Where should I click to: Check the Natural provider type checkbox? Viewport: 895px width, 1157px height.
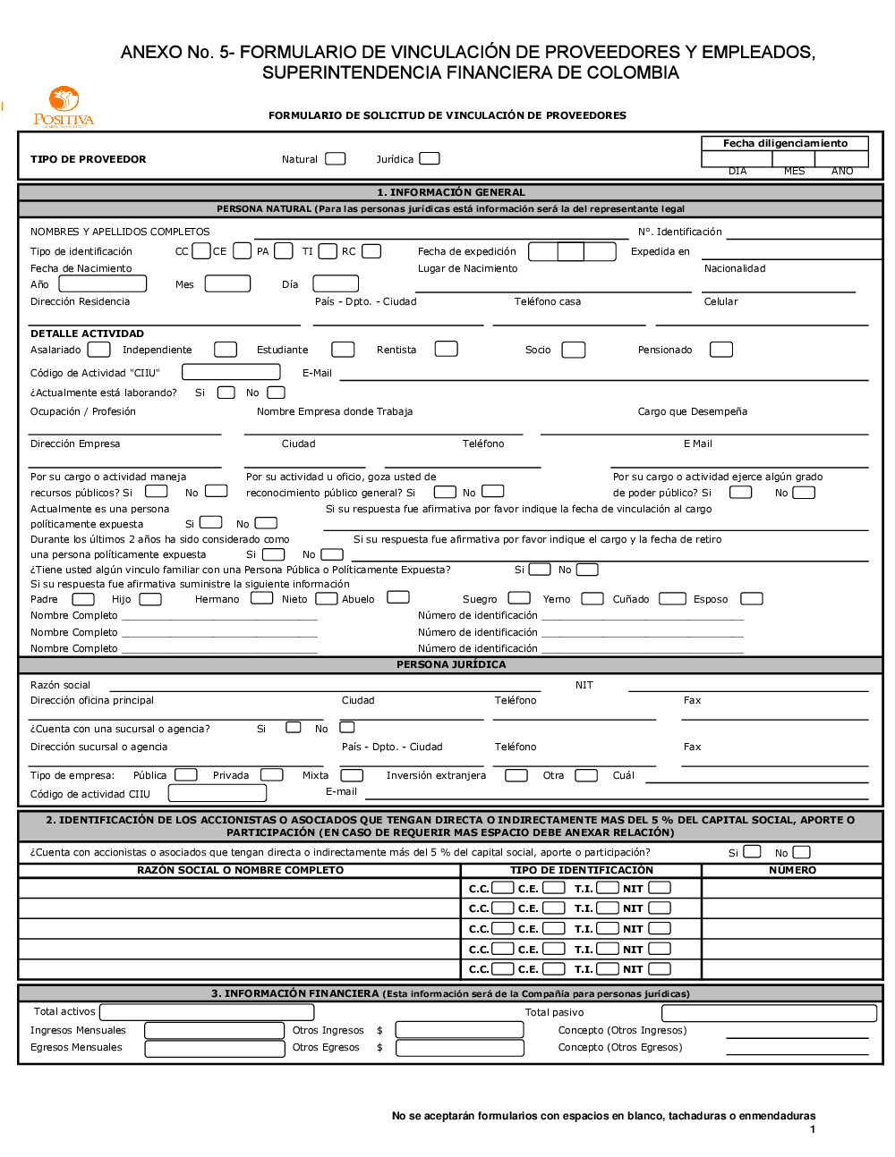336,158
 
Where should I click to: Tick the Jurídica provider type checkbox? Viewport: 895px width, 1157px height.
430,158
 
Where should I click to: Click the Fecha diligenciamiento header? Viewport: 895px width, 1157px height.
785,143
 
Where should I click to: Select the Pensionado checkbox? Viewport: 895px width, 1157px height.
721,349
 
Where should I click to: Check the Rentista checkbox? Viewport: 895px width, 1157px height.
446,349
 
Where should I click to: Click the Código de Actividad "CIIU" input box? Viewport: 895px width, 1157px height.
232,372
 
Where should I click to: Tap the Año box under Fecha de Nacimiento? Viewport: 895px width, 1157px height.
89,283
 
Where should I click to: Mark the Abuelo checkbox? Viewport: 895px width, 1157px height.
398,597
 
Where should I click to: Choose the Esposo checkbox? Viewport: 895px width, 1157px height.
752,598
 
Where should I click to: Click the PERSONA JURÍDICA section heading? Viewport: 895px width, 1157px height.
451,664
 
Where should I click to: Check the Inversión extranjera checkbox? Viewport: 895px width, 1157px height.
516,775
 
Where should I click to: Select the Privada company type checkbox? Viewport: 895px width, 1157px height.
271,775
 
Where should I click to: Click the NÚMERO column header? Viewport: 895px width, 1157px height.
792,870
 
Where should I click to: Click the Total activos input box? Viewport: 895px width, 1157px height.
207,1012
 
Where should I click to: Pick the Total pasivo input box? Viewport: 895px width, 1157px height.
769,1013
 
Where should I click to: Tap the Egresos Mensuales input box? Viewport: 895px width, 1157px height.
215,1048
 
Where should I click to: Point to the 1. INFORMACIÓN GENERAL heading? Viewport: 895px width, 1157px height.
451,192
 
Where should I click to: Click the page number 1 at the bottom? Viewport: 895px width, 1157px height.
813,1129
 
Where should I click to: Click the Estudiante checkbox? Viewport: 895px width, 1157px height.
343,349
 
